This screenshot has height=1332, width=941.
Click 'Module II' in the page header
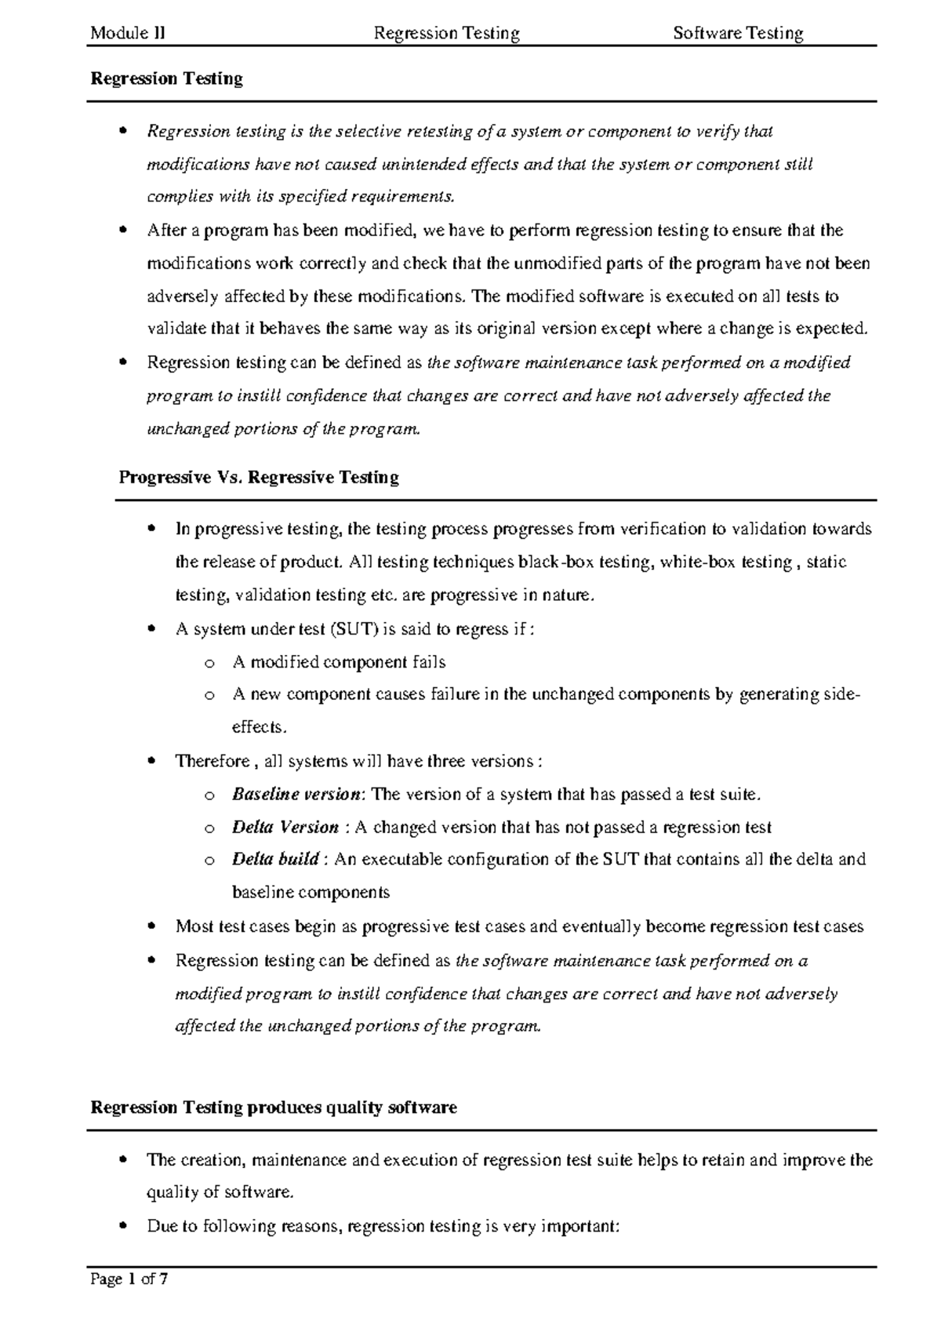(x=127, y=33)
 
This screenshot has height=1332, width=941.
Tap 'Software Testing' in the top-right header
(x=738, y=33)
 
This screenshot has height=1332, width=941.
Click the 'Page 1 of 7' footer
(x=129, y=1279)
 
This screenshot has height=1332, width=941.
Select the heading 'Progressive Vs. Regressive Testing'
(x=259, y=477)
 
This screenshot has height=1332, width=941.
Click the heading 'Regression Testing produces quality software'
(x=274, y=1108)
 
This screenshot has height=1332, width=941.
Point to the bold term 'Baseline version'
(x=296, y=794)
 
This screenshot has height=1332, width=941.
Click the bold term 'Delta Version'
(x=285, y=827)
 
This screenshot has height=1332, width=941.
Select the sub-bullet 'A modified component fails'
(x=339, y=662)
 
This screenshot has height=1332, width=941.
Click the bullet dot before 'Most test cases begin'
(x=152, y=926)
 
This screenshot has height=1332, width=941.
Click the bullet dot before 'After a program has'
(x=123, y=231)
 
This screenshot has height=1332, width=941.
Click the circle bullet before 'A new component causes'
(x=209, y=695)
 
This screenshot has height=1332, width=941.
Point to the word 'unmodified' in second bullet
(x=557, y=264)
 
